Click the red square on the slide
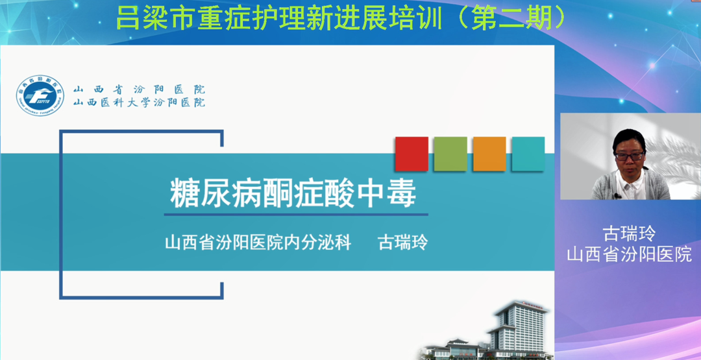[x=412, y=154]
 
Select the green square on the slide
[x=450, y=154]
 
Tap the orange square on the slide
[x=489, y=154]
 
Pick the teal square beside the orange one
[x=528, y=154]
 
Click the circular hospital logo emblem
[x=40, y=95]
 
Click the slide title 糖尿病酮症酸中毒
[x=293, y=195]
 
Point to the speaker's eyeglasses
[x=630, y=156]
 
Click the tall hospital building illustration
[x=519, y=328]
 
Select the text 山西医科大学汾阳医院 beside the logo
[x=139, y=102]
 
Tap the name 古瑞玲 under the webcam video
[x=629, y=233]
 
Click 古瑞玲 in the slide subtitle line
[x=403, y=243]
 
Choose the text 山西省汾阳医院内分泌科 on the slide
[x=258, y=243]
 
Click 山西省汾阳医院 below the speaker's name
[x=629, y=254]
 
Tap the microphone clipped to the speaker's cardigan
[x=617, y=196]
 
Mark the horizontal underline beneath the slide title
[x=296, y=215]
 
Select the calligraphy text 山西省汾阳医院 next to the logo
[x=139, y=89]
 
